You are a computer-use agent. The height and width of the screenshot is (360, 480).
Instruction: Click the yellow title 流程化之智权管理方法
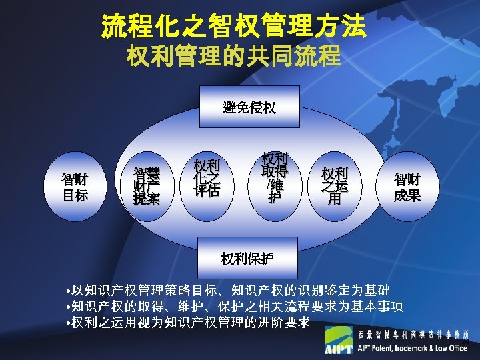pyautogui.click(x=233, y=26)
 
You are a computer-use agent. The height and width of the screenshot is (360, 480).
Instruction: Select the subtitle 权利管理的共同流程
pyautogui.click(x=233, y=55)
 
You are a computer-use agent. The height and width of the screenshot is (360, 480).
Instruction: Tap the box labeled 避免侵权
pyautogui.click(x=249, y=107)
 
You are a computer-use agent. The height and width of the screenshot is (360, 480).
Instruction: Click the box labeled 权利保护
pyautogui.click(x=247, y=257)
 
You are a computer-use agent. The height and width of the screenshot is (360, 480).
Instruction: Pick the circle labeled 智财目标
pyautogui.click(x=75, y=187)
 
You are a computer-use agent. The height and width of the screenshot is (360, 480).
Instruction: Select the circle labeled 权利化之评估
pyautogui.click(x=207, y=178)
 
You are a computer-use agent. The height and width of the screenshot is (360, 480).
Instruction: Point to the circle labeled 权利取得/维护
pyautogui.click(x=275, y=177)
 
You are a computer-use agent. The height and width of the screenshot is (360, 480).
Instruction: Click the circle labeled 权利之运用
pyautogui.click(x=335, y=185)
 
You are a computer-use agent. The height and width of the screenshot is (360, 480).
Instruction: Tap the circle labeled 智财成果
pyautogui.click(x=407, y=187)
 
